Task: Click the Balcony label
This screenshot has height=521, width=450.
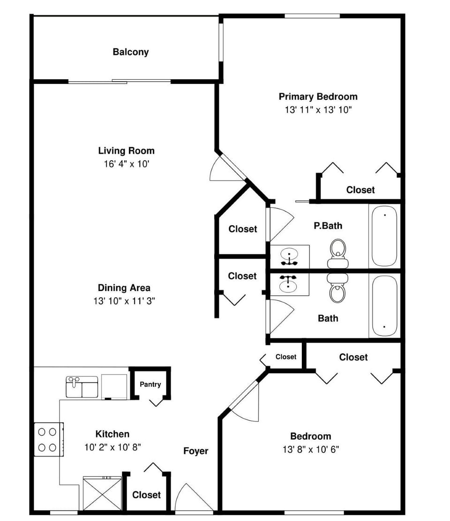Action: click(x=130, y=52)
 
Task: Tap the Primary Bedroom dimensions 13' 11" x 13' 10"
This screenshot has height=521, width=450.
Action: click(x=318, y=110)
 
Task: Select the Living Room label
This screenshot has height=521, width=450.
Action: click(x=126, y=151)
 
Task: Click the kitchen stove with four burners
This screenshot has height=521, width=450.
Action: click(x=48, y=439)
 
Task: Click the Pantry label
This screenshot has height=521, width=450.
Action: click(x=150, y=384)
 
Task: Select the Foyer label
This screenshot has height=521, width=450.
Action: click(x=195, y=451)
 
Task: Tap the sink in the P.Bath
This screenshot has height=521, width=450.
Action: click(x=289, y=256)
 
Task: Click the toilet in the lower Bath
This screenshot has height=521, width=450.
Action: click(x=337, y=289)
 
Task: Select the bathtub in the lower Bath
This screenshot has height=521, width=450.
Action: click(x=384, y=306)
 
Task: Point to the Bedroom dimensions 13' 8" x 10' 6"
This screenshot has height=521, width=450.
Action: click(x=310, y=449)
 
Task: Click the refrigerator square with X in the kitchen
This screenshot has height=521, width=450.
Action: click(x=102, y=493)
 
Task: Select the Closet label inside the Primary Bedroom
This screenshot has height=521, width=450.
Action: click(x=360, y=190)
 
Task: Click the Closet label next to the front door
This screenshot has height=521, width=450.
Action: click(x=146, y=495)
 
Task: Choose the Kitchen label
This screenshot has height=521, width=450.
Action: click(x=112, y=434)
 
